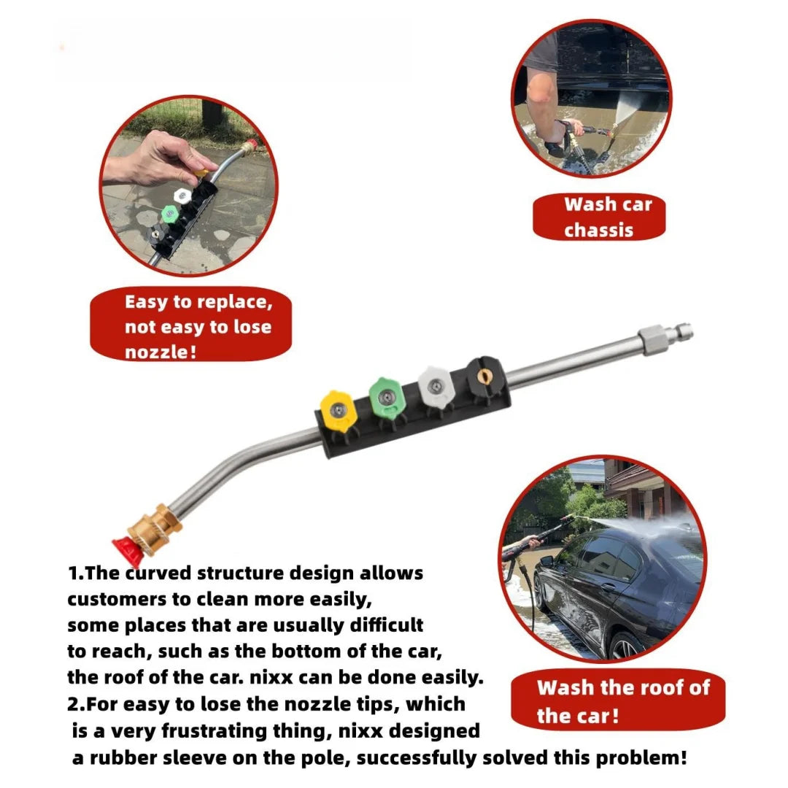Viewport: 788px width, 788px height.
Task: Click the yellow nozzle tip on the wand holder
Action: (x=339, y=411)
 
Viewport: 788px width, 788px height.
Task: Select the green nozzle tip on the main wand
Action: (x=387, y=399)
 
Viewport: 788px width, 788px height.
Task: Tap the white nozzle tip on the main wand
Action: (x=436, y=387)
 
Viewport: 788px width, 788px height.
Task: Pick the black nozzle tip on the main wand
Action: (x=484, y=376)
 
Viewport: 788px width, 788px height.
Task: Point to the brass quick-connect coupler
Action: (x=154, y=529)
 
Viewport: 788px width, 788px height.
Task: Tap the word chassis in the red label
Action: (x=598, y=230)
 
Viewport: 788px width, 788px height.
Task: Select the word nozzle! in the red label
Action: (x=161, y=352)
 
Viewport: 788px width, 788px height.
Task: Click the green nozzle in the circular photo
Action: (x=169, y=215)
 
